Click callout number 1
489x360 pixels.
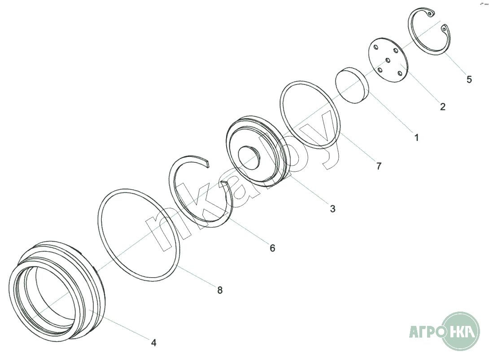pos(416,137)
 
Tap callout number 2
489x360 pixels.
pos(442,107)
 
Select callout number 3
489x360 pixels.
pos(332,209)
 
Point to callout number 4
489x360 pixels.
pos(153,343)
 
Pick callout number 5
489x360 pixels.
pos(469,79)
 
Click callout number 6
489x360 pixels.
pos(272,248)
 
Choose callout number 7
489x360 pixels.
pos(379,166)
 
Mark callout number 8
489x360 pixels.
pos(220,290)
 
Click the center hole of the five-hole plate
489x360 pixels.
pos(388,60)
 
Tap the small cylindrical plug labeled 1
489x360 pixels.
pos(352,85)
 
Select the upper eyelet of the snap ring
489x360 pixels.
pos(430,14)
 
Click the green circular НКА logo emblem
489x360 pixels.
pos(461,331)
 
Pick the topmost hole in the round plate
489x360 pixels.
pos(376,47)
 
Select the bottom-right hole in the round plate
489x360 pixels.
pos(400,73)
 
